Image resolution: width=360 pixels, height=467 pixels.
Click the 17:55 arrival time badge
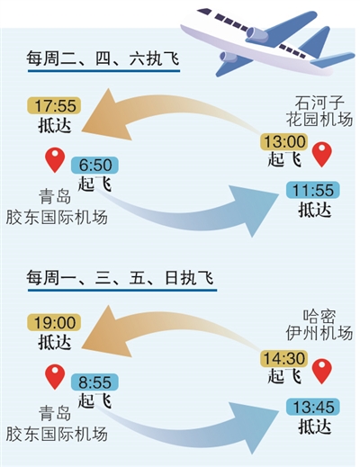(x=54, y=105)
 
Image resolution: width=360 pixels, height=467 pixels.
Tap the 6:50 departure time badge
(x=94, y=165)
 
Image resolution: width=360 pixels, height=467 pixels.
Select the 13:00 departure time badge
(x=283, y=141)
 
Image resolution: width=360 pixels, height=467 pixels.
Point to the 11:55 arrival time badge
(x=312, y=190)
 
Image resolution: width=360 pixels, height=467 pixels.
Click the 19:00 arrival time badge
(x=54, y=322)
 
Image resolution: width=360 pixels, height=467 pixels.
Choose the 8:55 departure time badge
(x=94, y=382)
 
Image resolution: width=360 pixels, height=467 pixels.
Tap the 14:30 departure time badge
(x=283, y=358)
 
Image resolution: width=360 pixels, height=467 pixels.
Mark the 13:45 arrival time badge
(x=312, y=407)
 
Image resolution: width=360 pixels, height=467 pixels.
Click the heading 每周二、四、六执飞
(x=103, y=58)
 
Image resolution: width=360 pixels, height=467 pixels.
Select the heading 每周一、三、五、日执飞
(x=120, y=277)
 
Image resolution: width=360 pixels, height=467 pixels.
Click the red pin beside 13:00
(x=322, y=153)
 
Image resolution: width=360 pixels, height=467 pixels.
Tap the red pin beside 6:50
(x=55, y=159)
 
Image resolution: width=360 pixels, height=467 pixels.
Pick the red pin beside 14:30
(x=322, y=370)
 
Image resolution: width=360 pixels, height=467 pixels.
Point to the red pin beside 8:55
(x=55, y=376)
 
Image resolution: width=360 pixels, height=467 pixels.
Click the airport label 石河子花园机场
(x=319, y=111)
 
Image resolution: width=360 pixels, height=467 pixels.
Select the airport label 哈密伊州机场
(x=319, y=325)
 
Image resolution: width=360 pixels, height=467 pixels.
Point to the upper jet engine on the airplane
(x=257, y=33)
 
